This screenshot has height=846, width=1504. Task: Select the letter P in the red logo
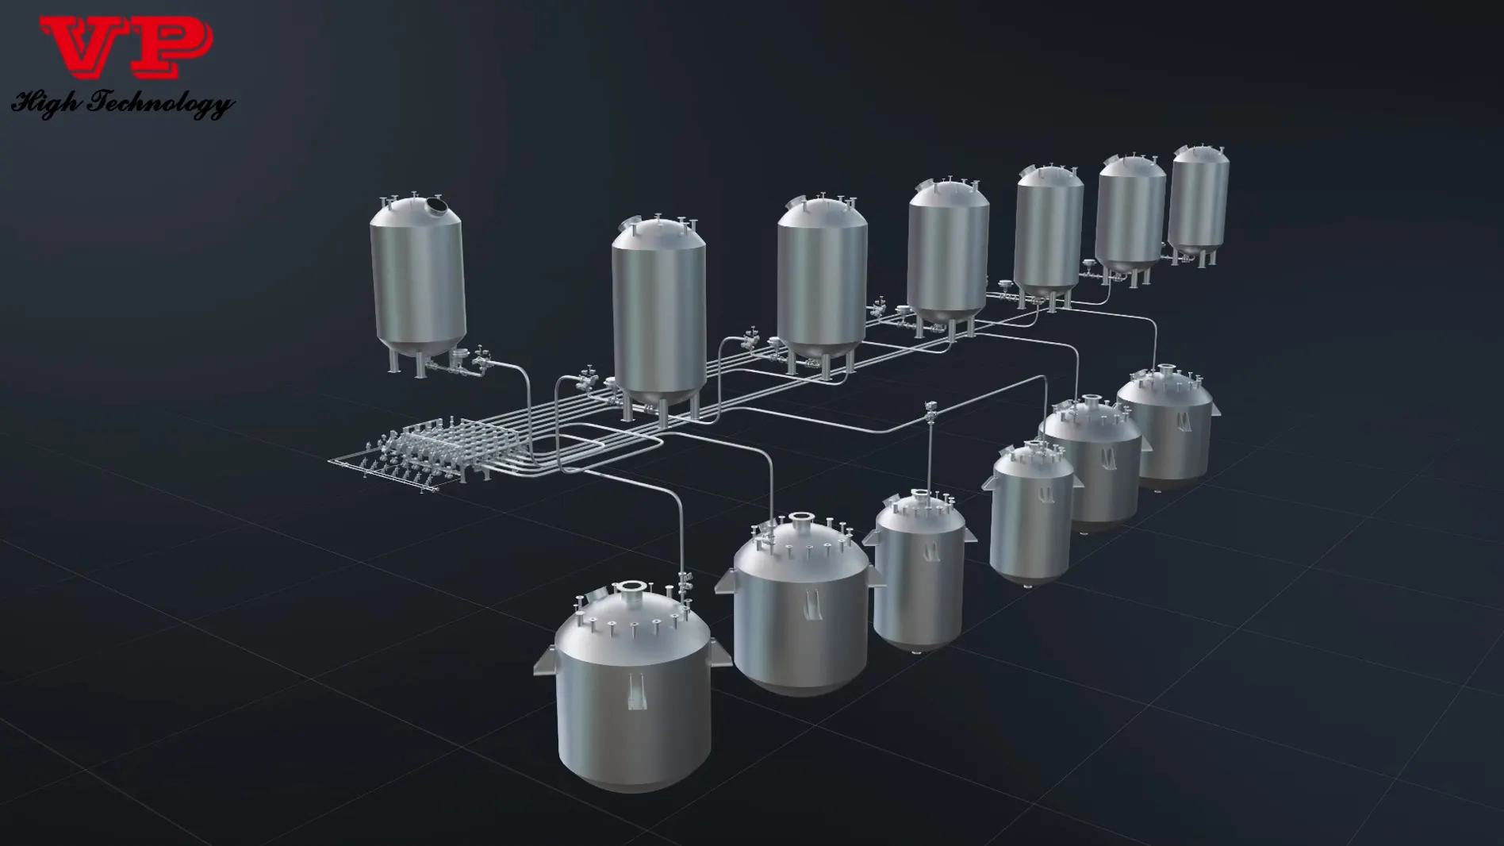coord(173,48)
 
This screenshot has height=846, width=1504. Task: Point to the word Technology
coord(163,104)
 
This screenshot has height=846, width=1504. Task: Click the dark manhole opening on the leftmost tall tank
coord(435,207)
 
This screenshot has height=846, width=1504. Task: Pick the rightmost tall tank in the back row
coord(1198,202)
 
